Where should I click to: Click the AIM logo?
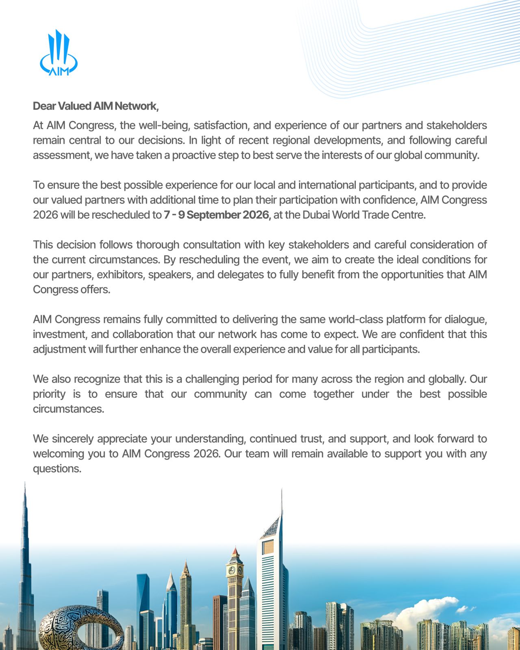59,53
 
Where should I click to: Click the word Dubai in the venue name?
316,215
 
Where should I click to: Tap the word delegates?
240,275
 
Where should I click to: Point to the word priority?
49,394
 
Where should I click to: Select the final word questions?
57,469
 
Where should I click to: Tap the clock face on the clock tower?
232,570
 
